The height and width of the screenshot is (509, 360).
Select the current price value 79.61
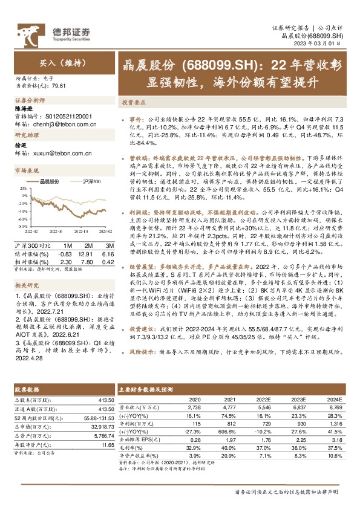59,86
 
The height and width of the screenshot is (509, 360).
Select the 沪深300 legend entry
89,181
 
